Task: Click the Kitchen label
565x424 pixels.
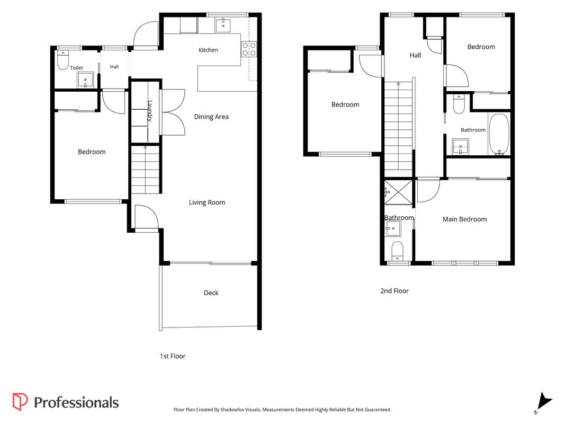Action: (x=208, y=50)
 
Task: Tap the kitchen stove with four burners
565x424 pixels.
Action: (x=249, y=49)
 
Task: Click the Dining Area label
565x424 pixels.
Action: (x=211, y=117)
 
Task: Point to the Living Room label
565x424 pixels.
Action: (x=207, y=202)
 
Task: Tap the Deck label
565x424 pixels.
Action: (x=211, y=293)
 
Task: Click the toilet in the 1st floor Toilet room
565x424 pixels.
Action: (x=62, y=60)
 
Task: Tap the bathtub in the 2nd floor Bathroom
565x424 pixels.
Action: (x=499, y=135)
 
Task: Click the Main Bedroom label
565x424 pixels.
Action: (x=464, y=219)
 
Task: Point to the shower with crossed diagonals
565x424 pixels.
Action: (x=398, y=192)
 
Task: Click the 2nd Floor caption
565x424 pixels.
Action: (x=394, y=291)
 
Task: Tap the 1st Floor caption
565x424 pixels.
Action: (x=173, y=356)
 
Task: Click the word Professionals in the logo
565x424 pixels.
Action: (x=76, y=403)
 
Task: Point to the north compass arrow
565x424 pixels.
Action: (x=543, y=402)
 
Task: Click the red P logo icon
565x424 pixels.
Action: (x=20, y=402)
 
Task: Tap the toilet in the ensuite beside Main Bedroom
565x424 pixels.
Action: (x=398, y=251)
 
